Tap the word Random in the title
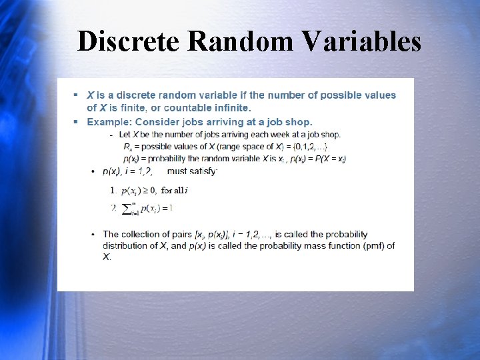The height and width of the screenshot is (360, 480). point(241,41)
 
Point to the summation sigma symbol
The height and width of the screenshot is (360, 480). point(127,209)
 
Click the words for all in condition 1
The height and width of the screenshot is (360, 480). point(173,191)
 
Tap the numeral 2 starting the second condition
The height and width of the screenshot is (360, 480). point(113,208)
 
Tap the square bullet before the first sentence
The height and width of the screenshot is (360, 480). point(77,95)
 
